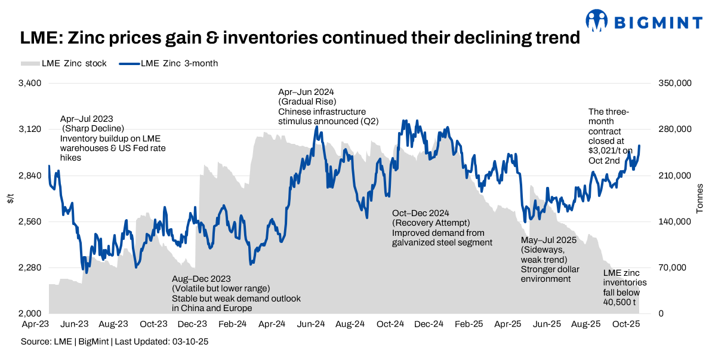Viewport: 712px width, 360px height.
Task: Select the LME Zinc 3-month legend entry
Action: [173, 63]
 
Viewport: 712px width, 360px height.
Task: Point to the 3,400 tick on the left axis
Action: [29, 84]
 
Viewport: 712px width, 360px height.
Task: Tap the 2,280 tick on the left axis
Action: [29, 268]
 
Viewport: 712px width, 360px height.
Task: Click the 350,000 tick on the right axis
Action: [674, 84]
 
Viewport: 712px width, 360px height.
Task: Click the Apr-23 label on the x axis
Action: [35, 324]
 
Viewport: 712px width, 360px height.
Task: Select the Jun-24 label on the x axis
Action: [311, 324]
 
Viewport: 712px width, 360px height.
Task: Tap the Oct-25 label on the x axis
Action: [627, 324]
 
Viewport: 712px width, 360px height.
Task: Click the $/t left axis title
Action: [10, 199]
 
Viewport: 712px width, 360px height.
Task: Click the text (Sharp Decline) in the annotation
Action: [94, 129]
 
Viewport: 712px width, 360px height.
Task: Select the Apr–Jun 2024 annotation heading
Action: [306, 92]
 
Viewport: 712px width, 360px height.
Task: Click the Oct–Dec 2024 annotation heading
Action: [420, 213]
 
